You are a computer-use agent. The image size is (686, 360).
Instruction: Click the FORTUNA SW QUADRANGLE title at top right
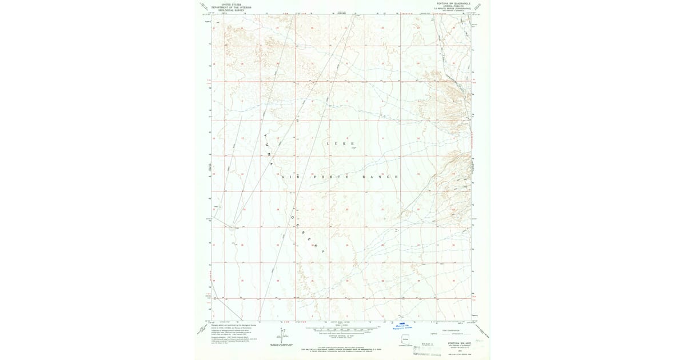(453, 3)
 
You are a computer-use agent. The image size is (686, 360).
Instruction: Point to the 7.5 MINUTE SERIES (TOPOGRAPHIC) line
(453, 8)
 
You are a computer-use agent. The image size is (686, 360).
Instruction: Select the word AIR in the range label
(290, 177)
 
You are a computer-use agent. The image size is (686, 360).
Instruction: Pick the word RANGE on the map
(380, 177)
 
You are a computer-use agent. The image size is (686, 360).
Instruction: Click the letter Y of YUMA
(265, 136)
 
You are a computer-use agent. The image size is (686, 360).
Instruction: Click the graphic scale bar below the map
(342, 329)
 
